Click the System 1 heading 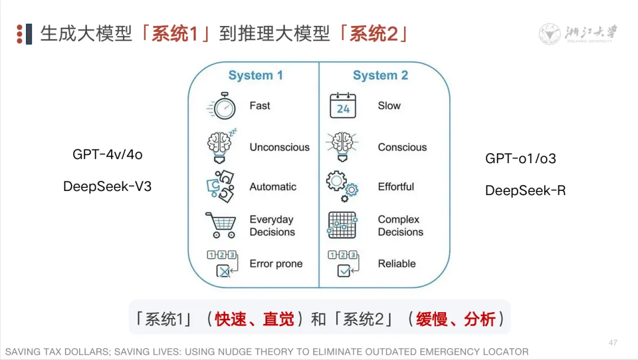[x=256, y=76]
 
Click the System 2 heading [x=380, y=76]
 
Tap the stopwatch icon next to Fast [x=223, y=107]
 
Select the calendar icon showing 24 [x=343, y=106]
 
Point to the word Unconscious [x=279, y=147]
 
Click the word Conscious [x=402, y=147]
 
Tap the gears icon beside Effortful [x=342, y=184]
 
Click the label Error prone [x=276, y=264]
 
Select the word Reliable [x=396, y=264]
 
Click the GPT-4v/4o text [x=108, y=155]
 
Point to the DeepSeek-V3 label [x=108, y=187]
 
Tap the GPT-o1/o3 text [x=520, y=158]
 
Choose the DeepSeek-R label [x=525, y=190]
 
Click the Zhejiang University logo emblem [x=550, y=34]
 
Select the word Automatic [x=273, y=187]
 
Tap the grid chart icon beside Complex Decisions [x=342, y=225]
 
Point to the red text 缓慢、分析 [x=455, y=320]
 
